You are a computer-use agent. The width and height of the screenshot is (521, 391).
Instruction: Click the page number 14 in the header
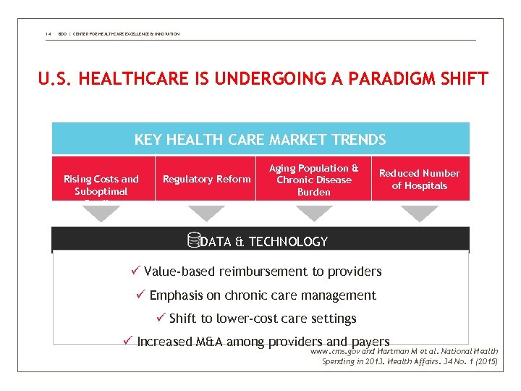point(46,34)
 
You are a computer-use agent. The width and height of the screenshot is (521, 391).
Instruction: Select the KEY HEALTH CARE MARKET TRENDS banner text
point(260,140)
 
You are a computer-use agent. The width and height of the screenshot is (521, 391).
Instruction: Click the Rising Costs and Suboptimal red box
point(101,184)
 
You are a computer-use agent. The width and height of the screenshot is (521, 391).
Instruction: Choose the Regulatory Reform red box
point(207,179)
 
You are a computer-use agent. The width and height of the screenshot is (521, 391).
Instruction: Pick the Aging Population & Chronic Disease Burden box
point(314,180)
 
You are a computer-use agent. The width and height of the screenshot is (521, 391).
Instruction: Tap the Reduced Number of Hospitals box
point(420,179)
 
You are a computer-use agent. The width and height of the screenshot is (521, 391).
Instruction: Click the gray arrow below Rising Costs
point(101,213)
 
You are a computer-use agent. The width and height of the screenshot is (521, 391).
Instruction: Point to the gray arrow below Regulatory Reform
point(207,213)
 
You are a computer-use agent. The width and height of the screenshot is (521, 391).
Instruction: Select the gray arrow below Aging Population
point(314,213)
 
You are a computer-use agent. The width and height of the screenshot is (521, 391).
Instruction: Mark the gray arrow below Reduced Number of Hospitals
point(420,213)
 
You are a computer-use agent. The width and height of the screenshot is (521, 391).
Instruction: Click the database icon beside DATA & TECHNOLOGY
point(192,241)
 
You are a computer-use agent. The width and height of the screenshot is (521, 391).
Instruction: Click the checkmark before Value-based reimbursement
point(135,272)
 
